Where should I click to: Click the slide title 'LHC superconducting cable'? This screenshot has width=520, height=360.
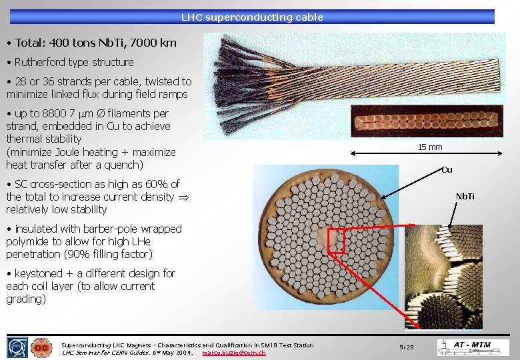[x=252, y=17]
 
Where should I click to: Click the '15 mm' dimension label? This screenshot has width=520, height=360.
[x=430, y=147]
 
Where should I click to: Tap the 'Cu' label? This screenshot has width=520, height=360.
[x=447, y=169]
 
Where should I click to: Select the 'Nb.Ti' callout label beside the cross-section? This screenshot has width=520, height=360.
[x=465, y=196]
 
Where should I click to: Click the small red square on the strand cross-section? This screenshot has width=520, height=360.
[x=335, y=241]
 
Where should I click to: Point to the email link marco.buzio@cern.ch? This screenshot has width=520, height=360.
[x=234, y=352]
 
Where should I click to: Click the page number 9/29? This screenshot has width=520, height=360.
[x=406, y=347]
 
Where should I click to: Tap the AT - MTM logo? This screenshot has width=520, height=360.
[x=473, y=347]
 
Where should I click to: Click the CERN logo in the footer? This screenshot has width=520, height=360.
[x=16, y=347]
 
